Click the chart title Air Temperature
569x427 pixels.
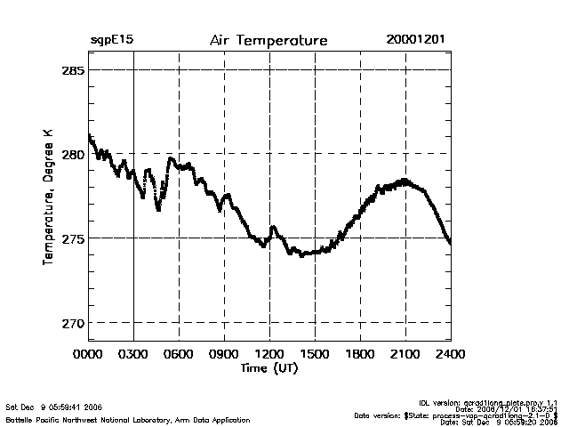pyautogui.click(x=268, y=41)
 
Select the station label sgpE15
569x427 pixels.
pyautogui.click(x=111, y=41)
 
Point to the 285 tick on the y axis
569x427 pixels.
pyautogui.click(x=73, y=69)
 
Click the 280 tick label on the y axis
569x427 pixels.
pyautogui.click(x=73, y=154)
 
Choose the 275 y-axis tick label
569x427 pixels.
pyautogui.click(x=73, y=238)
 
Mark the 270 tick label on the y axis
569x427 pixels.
pyautogui.click(x=73, y=323)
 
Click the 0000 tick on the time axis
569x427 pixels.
pyautogui.click(x=89, y=353)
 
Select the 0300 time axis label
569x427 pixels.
pyautogui.click(x=134, y=353)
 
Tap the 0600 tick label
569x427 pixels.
pyautogui.click(x=180, y=353)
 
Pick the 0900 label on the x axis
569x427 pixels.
pyautogui.click(x=225, y=353)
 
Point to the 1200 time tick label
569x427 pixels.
pyautogui.click(x=270, y=353)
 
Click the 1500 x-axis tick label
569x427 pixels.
pyautogui.click(x=316, y=353)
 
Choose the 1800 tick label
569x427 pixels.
pyautogui.click(x=360, y=353)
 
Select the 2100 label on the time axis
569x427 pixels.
pyautogui.click(x=405, y=353)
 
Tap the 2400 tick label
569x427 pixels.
pyautogui.click(x=450, y=353)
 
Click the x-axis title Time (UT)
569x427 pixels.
pyautogui.click(x=269, y=367)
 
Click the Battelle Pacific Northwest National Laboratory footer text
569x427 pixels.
pyautogui.click(x=128, y=419)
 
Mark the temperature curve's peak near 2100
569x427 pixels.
pyautogui.click(x=405, y=181)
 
